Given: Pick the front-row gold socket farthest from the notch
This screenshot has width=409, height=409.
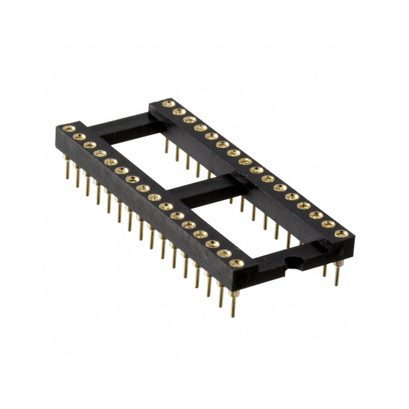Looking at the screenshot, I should [x=68, y=128].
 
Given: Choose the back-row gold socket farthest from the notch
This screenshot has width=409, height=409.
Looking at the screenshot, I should [x=167, y=104].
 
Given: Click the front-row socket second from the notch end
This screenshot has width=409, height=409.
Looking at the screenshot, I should [x=223, y=253].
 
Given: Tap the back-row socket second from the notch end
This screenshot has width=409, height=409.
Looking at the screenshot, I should [x=328, y=224].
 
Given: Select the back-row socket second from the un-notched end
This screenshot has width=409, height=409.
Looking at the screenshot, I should [x=178, y=111].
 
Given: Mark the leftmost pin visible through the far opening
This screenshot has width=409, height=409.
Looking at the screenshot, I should [x=166, y=146].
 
